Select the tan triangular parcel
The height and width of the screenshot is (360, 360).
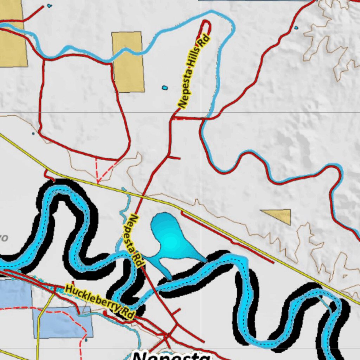click(280, 215)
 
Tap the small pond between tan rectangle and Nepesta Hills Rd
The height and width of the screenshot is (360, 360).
click(164, 88)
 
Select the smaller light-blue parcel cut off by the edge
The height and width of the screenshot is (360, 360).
click(14, 294)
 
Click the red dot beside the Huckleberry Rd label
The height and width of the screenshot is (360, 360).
click(105, 312)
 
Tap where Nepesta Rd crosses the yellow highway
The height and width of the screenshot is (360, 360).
click(143, 194)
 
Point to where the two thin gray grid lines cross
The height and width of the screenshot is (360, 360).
click(201, 112)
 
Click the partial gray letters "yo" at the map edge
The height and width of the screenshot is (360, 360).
click(4, 238)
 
